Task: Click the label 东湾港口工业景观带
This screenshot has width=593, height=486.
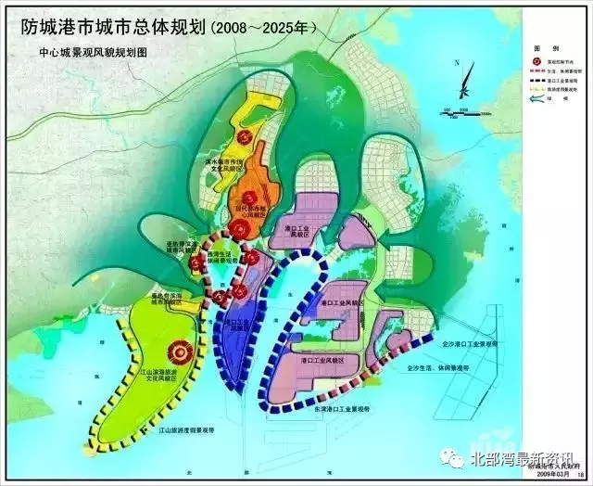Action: (x=340, y=408)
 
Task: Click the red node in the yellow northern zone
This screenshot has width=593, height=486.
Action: (x=245, y=137)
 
